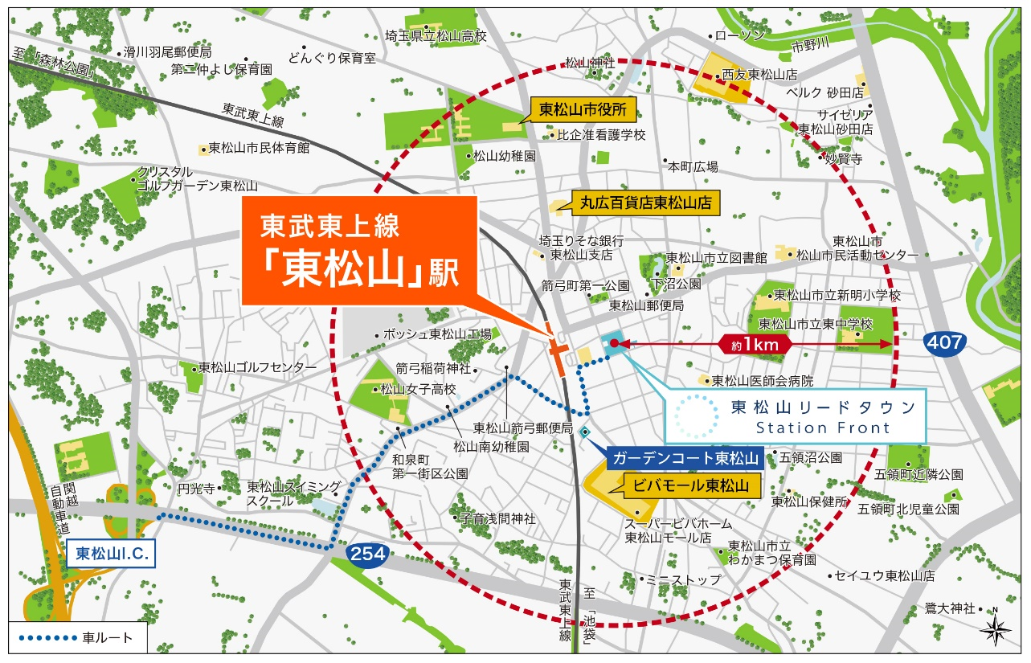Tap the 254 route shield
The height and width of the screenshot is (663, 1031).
coord(368,554)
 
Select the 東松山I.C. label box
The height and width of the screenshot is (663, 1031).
coord(110,554)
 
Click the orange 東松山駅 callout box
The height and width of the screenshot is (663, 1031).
coord(359,251)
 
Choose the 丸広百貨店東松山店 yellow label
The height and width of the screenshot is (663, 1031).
coord(646,203)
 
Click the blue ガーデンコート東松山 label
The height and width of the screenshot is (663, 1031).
coord(685,459)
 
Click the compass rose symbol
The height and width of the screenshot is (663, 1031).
coord(994,627)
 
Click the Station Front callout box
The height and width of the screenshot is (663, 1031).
coord(796,416)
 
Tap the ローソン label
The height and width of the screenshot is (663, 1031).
coord(739,36)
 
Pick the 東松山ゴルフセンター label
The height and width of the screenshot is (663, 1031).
coord(257,367)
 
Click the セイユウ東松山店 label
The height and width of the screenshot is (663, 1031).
coord(885,575)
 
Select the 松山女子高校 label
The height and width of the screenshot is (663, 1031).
coord(418,390)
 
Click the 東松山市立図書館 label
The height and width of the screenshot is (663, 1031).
coord(717,258)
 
